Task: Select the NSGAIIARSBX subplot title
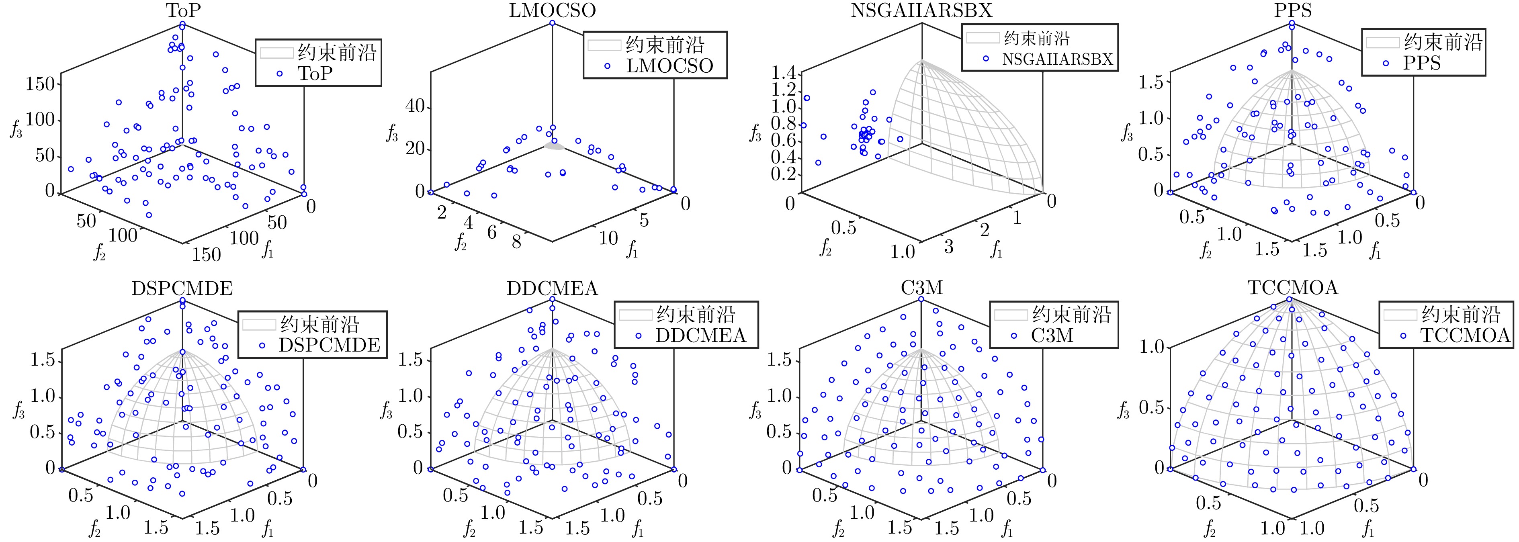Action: click(x=921, y=10)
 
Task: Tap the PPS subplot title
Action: click(x=1292, y=10)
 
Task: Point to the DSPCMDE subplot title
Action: click(x=182, y=288)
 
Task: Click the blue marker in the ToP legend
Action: click(x=280, y=74)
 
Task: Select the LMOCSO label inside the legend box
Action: click(x=669, y=65)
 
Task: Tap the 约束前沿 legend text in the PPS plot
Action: click(x=1443, y=42)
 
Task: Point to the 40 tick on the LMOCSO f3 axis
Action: click(x=415, y=107)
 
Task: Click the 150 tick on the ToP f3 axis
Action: click(x=40, y=84)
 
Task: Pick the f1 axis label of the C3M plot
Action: click(x=1007, y=530)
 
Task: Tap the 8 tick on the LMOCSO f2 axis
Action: click(x=516, y=242)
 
